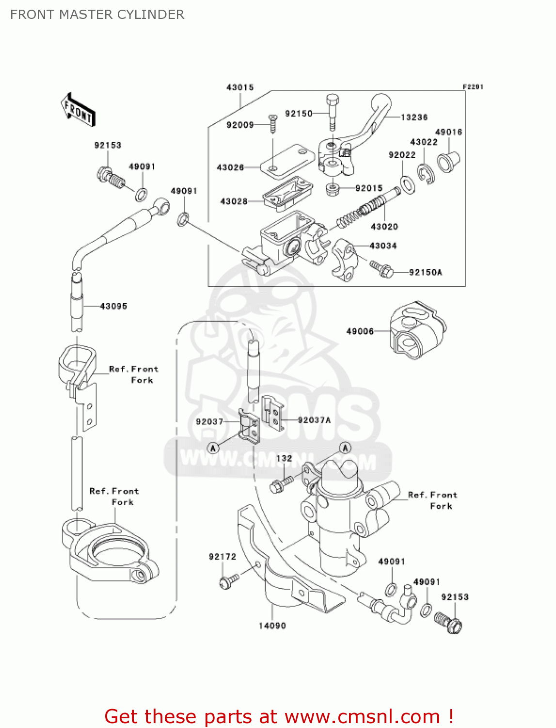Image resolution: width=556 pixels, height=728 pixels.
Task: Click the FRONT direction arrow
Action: click(x=78, y=111)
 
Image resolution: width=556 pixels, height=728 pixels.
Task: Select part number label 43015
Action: click(x=240, y=87)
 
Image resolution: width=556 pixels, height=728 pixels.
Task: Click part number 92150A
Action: click(x=425, y=272)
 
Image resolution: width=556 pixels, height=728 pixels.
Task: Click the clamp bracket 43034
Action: click(x=345, y=260)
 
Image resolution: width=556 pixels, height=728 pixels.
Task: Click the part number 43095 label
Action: click(x=113, y=306)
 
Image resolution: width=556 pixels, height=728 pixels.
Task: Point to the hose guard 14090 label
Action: click(x=272, y=626)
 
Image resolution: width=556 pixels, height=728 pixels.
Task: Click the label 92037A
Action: click(x=314, y=420)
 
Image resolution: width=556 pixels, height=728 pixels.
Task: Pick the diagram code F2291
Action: click(x=473, y=87)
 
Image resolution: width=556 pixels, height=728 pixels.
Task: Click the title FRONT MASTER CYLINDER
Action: click(x=97, y=15)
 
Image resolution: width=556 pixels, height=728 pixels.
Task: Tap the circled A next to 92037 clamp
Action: click(x=213, y=448)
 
